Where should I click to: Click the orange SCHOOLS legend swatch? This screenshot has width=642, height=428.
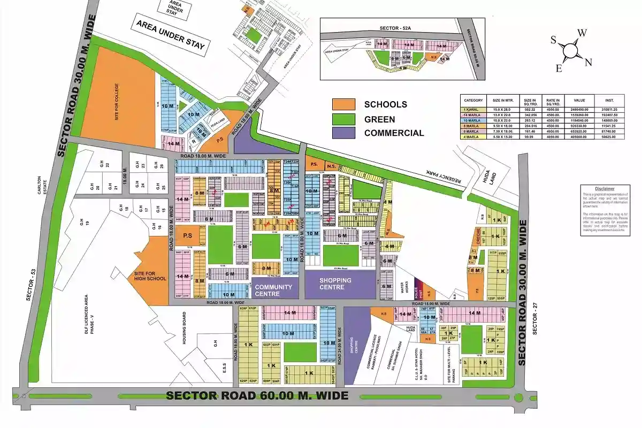point(343,104)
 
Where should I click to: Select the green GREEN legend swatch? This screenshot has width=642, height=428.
point(343,119)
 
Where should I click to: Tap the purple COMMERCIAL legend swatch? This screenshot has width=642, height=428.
point(343,133)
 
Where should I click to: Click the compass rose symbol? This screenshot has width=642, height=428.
point(571,50)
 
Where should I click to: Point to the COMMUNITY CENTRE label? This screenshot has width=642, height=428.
point(273,290)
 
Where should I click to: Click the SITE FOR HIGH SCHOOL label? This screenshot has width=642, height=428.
point(150,276)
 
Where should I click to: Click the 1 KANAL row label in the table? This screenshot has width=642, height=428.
point(473,109)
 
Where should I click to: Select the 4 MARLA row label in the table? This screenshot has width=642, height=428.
point(473,136)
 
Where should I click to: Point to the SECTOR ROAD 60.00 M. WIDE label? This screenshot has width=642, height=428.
point(257,396)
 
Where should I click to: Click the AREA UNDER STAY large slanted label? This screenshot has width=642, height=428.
point(170,36)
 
